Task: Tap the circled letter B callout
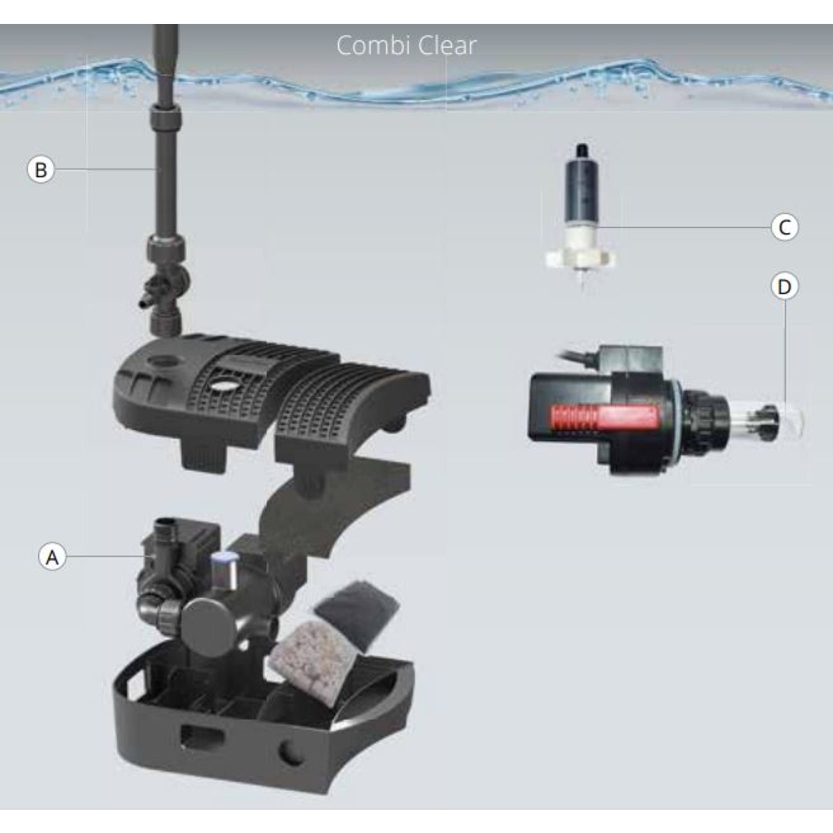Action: (x=41, y=170)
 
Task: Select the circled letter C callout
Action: (x=784, y=227)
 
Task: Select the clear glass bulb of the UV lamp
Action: (x=772, y=416)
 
